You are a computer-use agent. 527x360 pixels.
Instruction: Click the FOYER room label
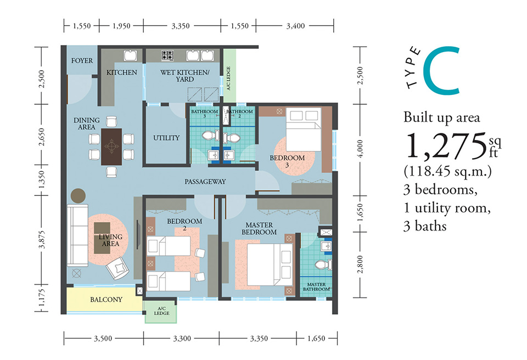coord(82,61)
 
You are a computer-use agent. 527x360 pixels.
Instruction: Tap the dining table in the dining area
coord(111,147)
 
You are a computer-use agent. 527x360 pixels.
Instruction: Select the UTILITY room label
coord(166,138)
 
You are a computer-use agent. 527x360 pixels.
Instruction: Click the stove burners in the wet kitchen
coord(167,55)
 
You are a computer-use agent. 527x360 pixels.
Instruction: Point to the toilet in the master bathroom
coord(324,265)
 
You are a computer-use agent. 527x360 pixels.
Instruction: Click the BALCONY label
coord(106,300)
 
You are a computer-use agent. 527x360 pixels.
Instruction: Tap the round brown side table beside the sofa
coord(78,195)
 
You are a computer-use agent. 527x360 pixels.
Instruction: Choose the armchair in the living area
coord(117,268)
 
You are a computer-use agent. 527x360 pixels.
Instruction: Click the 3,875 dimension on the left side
coord(42,240)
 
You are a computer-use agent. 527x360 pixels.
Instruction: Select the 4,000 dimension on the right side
coord(360,149)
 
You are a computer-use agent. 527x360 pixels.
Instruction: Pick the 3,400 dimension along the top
coord(295,26)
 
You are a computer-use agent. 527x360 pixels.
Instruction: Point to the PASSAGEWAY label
coord(205,182)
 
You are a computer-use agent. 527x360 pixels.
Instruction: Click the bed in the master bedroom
coord(270,264)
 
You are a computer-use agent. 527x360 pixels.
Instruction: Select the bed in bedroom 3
coord(304,130)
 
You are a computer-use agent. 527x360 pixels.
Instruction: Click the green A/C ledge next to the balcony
coord(161,312)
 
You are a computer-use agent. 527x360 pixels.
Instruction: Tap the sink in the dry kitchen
coord(130,55)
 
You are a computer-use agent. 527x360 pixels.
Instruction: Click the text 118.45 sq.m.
coord(447,171)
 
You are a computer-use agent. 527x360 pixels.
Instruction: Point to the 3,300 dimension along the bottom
coord(182,339)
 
